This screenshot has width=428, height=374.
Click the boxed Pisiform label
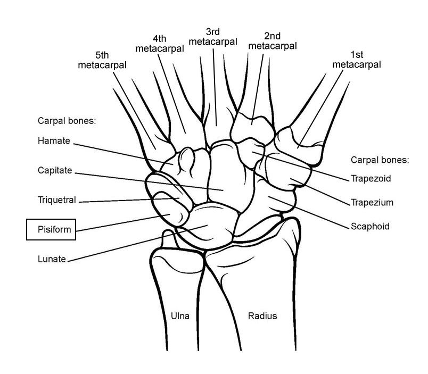pyautogui.click(x=51, y=230)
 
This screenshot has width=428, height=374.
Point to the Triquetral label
pyautogui.click(x=57, y=200)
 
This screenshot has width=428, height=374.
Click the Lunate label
pyautogui.click(x=52, y=259)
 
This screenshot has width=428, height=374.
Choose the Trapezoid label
pyautogui.click(x=371, y=179)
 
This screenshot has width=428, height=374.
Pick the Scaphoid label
pyautogui.click(x=370, y=227)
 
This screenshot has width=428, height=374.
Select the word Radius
pyautogui.click(x=262, y=316)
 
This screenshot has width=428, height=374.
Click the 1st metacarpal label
pyautogui.click(x=356, y=60)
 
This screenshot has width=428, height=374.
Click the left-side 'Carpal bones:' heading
pyautogui.click(x=67, y=121)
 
